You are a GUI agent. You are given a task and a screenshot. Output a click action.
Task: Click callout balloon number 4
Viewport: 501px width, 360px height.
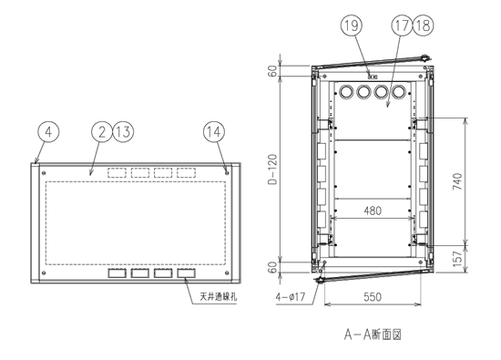(x=48, y=132)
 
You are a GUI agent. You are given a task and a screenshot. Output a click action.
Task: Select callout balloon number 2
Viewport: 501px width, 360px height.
(x=102, y=132)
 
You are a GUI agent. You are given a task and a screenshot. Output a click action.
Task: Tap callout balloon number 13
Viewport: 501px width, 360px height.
(x=123, y=132)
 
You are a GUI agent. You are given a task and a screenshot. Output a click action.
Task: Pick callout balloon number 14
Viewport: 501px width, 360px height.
(x=214, y=132)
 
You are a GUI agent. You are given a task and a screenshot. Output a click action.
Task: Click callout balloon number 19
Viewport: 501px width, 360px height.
(x=352, y=26)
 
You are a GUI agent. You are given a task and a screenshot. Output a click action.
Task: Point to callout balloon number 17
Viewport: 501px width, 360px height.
(x=403, y=26)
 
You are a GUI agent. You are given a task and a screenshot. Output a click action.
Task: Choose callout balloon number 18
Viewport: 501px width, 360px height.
(x=424, y=26)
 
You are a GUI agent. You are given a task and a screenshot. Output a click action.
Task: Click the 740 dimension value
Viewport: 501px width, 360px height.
(x=457, y=181)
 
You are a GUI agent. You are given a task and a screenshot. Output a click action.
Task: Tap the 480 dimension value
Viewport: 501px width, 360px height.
(x=373, y=211)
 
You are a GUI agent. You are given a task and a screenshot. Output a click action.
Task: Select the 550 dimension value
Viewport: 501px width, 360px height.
(x=373, y=297)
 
